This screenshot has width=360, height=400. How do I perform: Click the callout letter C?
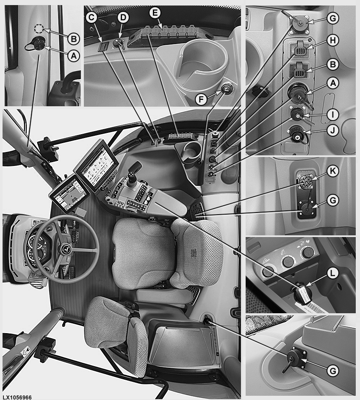coord(91,18)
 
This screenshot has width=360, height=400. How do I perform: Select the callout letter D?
coord(123,18)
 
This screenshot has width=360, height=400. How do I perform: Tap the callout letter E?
coord(155,13)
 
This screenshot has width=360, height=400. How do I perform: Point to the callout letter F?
coord(201,99)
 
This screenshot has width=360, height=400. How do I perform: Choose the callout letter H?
coord(333,41)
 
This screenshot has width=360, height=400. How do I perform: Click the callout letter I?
coord(333,115)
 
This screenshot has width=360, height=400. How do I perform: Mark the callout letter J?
coord(333,130)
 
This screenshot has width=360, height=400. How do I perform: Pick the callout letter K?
coord(333,171)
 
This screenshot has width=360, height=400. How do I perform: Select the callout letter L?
coord(332,273)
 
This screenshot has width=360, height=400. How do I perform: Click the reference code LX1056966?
coord(17,397)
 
